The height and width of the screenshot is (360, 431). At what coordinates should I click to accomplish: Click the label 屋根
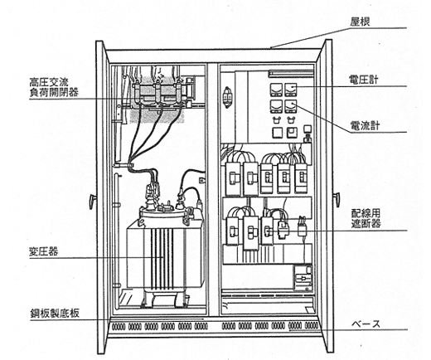tap(360, 22)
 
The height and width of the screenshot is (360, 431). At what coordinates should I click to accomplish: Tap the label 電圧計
tap(363, 80)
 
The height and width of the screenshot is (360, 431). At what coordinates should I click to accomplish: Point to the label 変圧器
tap(44, 251)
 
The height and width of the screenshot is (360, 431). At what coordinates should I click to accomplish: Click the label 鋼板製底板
tap(55, 314)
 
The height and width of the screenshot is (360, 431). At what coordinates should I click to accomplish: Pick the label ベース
tap(366, 324)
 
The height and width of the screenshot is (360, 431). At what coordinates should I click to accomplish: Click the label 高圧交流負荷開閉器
tap(54, 87)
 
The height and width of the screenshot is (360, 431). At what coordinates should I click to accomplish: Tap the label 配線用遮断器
tap(366, 218)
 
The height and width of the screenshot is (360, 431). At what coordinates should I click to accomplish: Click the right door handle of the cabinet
tap(337, 199)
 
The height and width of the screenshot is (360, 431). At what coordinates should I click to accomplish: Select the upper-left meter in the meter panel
tap(276, 90)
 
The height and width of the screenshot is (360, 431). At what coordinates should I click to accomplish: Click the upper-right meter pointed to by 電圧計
tap(291, 90)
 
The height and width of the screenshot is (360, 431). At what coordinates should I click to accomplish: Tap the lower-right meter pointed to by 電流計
tap(291, 107)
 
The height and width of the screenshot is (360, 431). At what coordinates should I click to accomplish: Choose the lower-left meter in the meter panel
tap(276, 107)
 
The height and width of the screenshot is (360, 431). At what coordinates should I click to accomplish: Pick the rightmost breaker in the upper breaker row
tap(301, 178)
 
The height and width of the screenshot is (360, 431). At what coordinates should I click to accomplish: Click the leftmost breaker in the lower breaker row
tap(233, 231)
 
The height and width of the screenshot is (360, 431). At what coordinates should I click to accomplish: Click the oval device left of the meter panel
tap(228, 97)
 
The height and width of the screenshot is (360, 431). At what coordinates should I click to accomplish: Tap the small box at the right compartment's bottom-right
tap(303, 278)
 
